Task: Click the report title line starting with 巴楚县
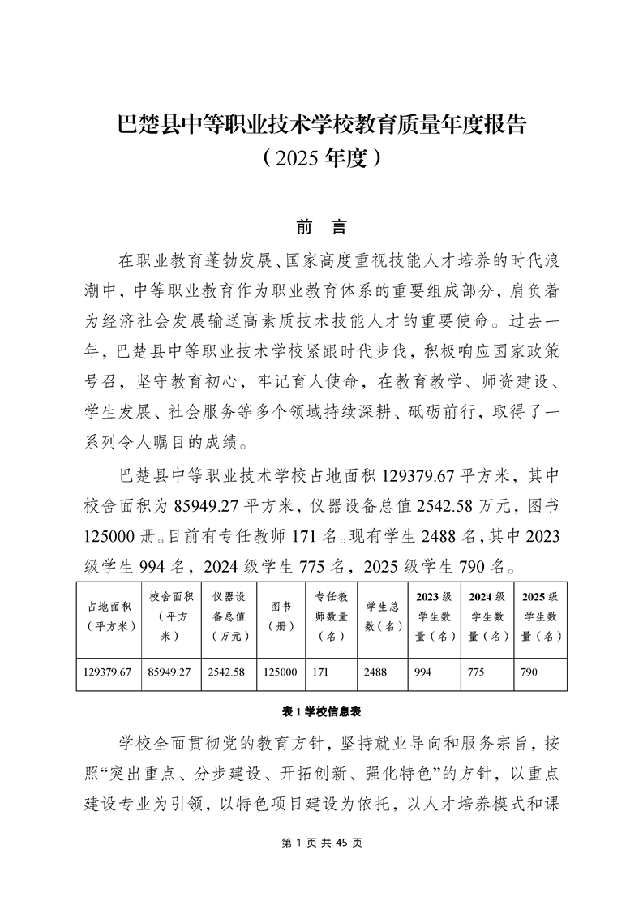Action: tap(322, 125)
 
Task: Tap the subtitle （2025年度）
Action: tap(322, 157)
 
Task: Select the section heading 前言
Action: tap(321, 228)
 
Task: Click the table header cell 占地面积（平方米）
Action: tap(109, 616)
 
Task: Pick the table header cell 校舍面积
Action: tap(170, 616)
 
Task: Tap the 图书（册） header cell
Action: tap(281, 616)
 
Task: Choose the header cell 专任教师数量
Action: tap(331, 616)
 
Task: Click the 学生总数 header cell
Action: tap(382, 616)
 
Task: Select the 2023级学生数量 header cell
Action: tap(434, 616)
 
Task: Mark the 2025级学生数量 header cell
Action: tap(540, 616)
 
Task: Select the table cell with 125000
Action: tap(280, 672)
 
